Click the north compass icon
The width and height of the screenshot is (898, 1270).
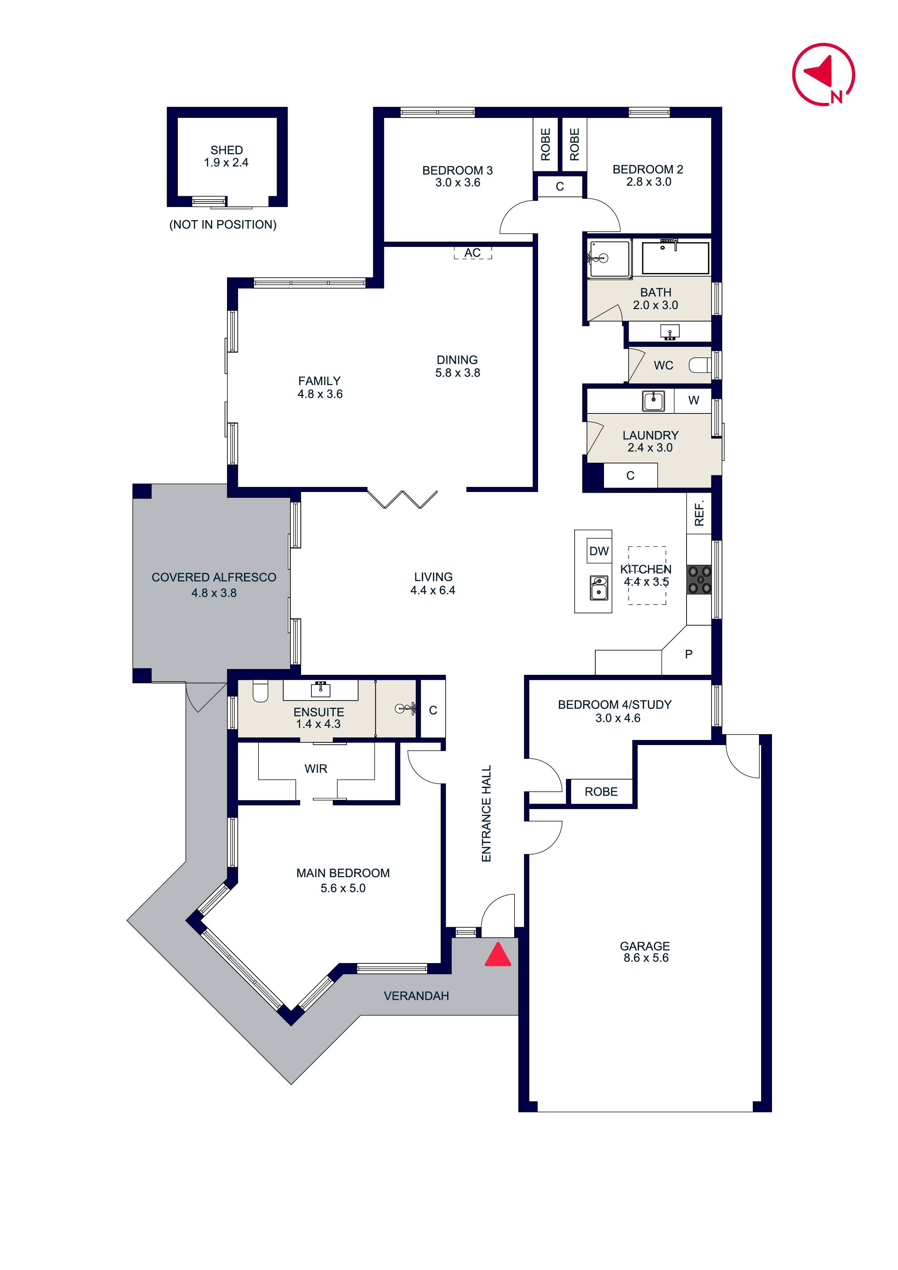823,74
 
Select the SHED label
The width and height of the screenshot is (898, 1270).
226,150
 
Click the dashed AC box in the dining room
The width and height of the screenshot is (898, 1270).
473,253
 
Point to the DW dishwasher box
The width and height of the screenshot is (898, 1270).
599,551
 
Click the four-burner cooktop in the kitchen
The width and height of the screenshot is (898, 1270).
699,580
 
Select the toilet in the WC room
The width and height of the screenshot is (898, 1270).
700,365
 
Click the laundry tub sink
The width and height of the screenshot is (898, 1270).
654,400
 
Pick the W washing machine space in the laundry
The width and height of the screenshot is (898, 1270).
693,400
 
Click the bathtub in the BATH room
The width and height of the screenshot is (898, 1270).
675,258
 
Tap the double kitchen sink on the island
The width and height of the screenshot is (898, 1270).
598,588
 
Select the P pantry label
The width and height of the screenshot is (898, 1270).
688,654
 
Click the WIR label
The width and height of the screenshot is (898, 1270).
315,768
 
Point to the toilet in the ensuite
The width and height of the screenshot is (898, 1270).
260,691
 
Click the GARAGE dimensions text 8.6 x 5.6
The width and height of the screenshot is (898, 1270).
646,958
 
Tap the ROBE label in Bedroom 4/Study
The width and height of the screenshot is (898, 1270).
601,791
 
